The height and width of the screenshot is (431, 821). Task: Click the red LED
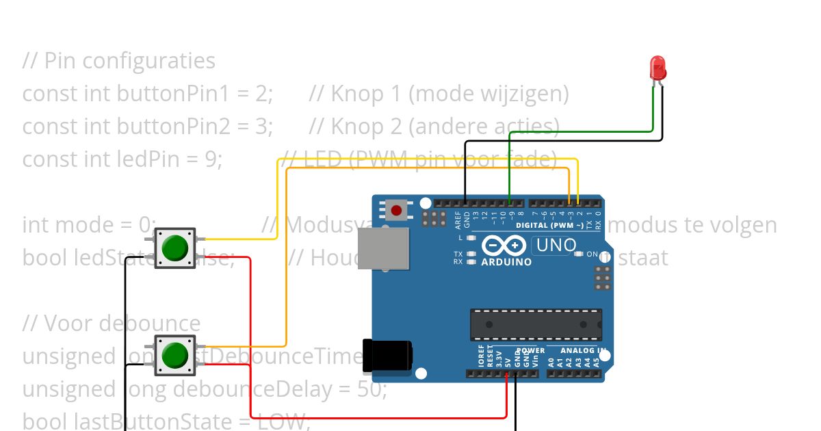click(657, 68)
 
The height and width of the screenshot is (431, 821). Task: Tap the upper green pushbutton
click(175, 247)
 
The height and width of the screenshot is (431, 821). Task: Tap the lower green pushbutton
click(175, 354)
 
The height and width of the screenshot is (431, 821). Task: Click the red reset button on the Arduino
click(396, 209)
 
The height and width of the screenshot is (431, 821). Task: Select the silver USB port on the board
click(383, 248)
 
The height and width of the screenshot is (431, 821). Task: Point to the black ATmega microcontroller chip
click(536, 324)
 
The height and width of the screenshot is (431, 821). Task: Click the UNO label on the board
click(555, 245)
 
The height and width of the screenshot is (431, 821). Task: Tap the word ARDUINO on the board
click(506, 262)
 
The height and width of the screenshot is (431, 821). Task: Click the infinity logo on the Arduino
click(504, 246)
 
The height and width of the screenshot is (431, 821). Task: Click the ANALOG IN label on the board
click(584, 351)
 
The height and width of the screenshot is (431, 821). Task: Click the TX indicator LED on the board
click(471, 254)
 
